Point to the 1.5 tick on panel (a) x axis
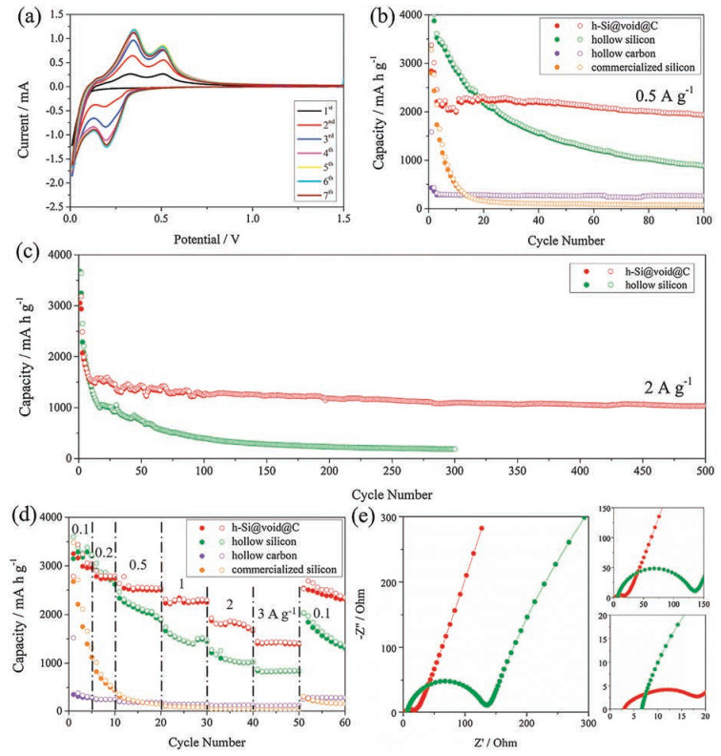coord(343,219)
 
